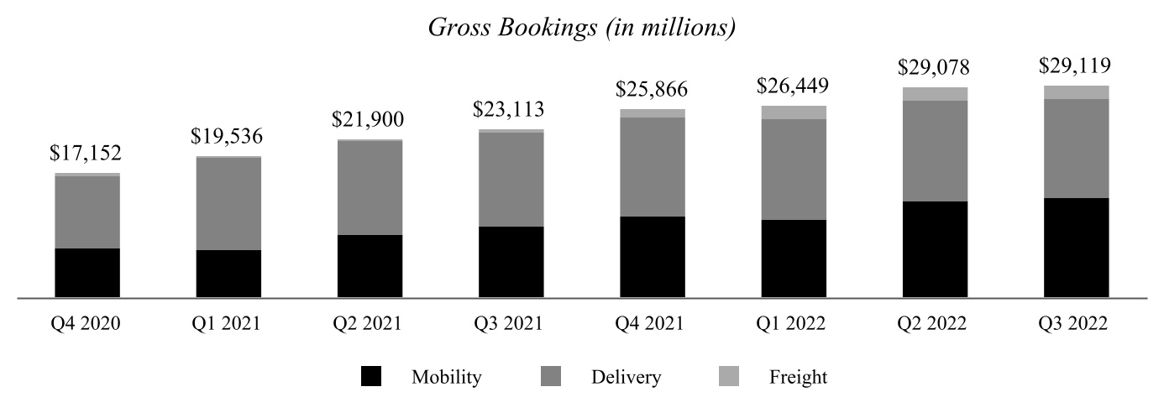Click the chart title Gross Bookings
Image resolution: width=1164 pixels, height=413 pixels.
point(582,28)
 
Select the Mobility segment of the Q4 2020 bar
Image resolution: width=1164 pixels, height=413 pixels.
point(87,273)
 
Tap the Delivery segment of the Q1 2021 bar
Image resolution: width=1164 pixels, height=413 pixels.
point(228,204)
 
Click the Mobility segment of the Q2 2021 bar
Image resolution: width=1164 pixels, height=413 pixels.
point(370,266)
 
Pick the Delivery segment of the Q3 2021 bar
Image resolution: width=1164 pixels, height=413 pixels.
point(511,180)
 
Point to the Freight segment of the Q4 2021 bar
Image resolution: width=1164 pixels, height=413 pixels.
point(653,113)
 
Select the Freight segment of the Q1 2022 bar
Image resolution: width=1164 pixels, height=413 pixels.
point(794,112)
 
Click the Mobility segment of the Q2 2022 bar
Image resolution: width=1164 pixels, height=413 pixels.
point(935,249)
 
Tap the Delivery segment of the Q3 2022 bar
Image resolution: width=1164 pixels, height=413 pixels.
point(1076,149)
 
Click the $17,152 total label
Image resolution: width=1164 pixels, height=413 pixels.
point(87,153)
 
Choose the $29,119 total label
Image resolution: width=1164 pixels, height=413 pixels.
point(1076,65)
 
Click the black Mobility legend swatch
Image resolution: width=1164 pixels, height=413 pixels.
point(370,377)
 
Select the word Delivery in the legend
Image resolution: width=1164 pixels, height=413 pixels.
point(625,377)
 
